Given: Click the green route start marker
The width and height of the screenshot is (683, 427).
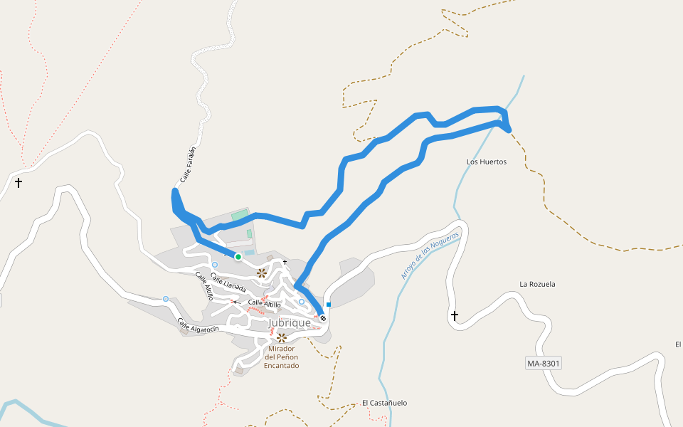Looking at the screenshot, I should pyautogui.click(x=238, y=257).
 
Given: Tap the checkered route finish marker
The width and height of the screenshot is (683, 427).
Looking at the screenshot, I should pyautogui.click(x=323, y=318).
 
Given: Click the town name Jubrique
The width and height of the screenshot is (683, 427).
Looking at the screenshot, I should pyautogui.click(x=289, y=323).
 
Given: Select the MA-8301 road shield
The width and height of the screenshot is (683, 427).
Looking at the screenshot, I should pyautogui.click(x=544, y=364).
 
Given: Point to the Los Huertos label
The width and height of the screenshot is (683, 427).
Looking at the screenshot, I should pyautogui.click(x=487, y=162).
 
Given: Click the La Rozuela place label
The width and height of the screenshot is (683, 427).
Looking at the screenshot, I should pyautogui.click(x=537, y=284).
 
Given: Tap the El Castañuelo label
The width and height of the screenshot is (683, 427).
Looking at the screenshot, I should pyautogui.click(x=384, y=403).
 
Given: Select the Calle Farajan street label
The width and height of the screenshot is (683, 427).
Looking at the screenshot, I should pyautogui.click(x=188, y=164).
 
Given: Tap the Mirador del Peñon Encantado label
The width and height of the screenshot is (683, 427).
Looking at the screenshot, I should pyautogui.click(x=282, y=357).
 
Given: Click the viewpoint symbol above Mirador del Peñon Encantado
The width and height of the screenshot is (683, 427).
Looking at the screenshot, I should pyautogui.click(x=282, y=338).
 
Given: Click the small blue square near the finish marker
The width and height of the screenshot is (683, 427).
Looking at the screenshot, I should pyautogui.click(x=329, y=305).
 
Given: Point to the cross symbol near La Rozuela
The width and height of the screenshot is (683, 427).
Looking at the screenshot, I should pyautogui.click(x=455, y=315).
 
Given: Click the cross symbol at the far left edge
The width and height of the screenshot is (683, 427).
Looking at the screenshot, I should pyautogui.click(x=18, y=183).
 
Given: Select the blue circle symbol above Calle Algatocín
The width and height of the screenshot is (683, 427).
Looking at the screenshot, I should pyautogui.click(x=166, y=299).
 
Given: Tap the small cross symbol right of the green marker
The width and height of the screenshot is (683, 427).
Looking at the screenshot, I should pyautogui.click(x=285, y=263).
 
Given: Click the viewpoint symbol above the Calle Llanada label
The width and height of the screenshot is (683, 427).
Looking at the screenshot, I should pyautogui.click(x=262, y=273).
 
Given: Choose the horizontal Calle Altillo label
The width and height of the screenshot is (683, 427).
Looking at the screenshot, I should pyautogui.click(x=264, y=305).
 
